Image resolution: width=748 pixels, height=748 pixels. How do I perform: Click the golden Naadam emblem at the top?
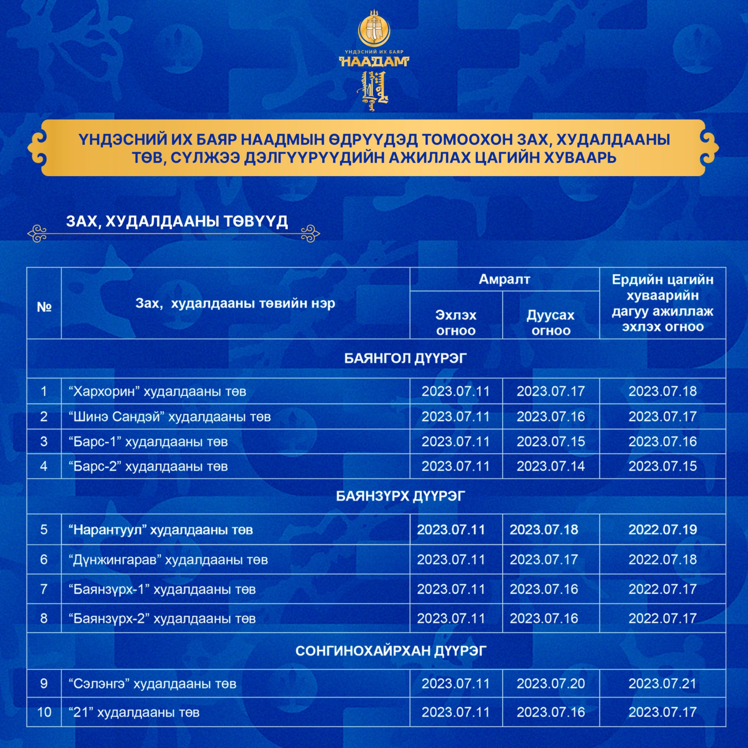374,29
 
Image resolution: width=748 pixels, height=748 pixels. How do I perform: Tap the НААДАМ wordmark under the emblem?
374,61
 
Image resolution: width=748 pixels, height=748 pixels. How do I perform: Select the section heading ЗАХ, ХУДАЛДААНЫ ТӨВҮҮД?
177,221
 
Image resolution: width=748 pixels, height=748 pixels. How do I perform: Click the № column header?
44,307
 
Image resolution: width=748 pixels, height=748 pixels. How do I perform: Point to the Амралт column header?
504,279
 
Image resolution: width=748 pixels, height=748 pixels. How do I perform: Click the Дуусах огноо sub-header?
551,322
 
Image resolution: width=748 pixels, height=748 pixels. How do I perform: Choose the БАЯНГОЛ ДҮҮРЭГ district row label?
405,359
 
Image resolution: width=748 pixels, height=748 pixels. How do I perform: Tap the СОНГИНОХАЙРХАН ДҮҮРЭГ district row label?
390,651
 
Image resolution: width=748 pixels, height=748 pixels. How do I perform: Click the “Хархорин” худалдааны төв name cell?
158,391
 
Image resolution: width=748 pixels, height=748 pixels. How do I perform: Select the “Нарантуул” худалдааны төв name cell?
161,530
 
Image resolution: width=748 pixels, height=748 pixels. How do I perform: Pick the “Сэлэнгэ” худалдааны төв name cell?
153,684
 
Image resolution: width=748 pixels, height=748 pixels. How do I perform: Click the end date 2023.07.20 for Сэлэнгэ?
551,684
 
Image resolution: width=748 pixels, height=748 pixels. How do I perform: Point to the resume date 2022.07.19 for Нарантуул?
662,530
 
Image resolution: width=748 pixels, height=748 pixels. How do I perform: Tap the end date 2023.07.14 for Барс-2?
551,466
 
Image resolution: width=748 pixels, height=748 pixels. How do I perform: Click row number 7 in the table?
44,589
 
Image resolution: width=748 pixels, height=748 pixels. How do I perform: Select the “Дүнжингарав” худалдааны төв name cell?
168,560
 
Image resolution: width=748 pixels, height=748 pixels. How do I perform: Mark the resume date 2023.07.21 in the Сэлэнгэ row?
662,684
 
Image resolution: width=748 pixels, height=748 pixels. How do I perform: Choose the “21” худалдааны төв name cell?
134,712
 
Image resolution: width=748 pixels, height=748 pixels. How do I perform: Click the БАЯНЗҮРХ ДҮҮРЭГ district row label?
400,496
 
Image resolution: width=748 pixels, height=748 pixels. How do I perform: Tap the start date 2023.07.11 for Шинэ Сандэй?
455,416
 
